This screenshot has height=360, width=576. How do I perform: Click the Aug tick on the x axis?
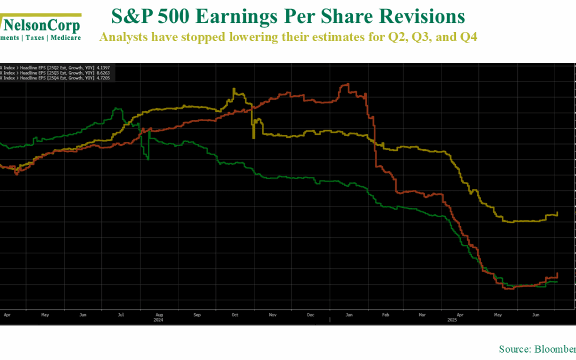tap(158, 315)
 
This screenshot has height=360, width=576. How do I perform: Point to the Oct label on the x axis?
tap(234, 315)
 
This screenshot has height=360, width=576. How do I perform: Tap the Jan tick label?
tap(348, 315)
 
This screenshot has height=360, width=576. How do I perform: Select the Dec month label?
tap(310, 315)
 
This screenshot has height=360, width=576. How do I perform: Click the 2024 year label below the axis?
tap(158, 320)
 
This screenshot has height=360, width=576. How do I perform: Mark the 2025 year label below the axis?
tap(452, 320)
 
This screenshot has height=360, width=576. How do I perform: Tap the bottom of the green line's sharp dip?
tap(149, 159)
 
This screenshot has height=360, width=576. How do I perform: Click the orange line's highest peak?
tap(347, 84)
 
